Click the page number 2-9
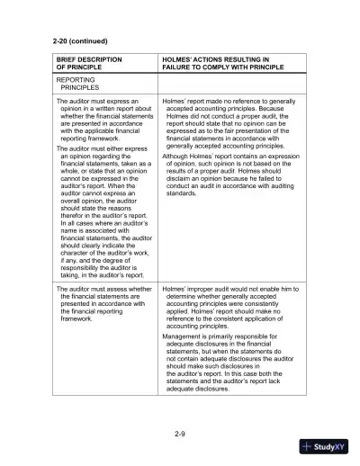point(180,434)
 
